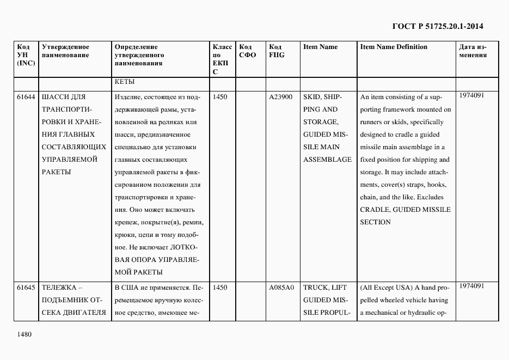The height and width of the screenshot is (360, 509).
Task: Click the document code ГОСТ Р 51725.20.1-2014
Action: (x=437, y=26)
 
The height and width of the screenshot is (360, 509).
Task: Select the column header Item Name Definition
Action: (x=394, y=47)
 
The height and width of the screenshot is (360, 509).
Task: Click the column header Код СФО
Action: (x=247, y=51)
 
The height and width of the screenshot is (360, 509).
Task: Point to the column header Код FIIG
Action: (x=277, y=51)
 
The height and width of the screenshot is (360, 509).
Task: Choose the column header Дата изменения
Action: (x=473, y=51)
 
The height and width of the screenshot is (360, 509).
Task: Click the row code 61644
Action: (x=26, y=97)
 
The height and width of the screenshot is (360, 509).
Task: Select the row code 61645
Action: (x=26, y=287)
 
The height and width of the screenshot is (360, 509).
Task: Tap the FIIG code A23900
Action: (x=281, y=97)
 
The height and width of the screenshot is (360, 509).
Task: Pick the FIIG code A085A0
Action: (x=281, y=287)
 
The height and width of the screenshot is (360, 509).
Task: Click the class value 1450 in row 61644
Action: (x=220, y=97)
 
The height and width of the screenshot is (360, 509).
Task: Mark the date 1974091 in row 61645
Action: (x=471, y=285)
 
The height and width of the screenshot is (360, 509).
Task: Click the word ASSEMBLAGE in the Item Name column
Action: (x=327, y=160)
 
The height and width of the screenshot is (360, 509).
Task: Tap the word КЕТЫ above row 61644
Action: (x=125, y=82)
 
